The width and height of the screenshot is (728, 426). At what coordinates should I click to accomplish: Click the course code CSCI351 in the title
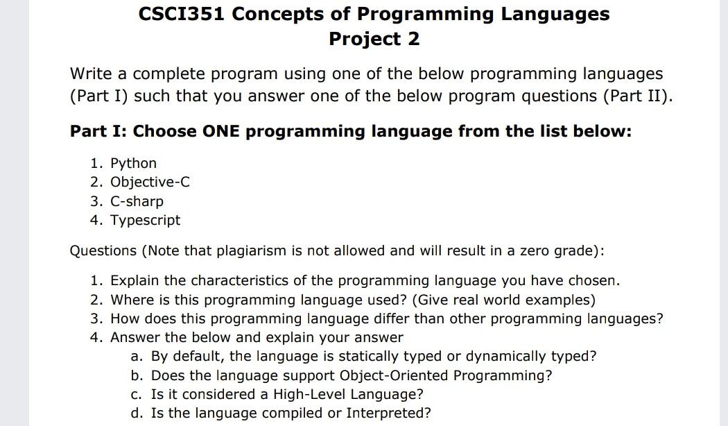(x=182, y=14)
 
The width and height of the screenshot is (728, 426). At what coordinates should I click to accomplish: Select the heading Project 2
(x=374, y=39)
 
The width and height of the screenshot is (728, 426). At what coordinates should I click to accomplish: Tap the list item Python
(x=133, y=163)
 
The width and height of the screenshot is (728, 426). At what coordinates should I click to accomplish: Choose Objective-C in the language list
(x=150, y=182)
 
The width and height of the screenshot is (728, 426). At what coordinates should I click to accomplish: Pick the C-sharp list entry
(x=137, y=201)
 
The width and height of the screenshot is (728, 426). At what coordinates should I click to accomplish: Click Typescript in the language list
(x=145, y=220)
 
